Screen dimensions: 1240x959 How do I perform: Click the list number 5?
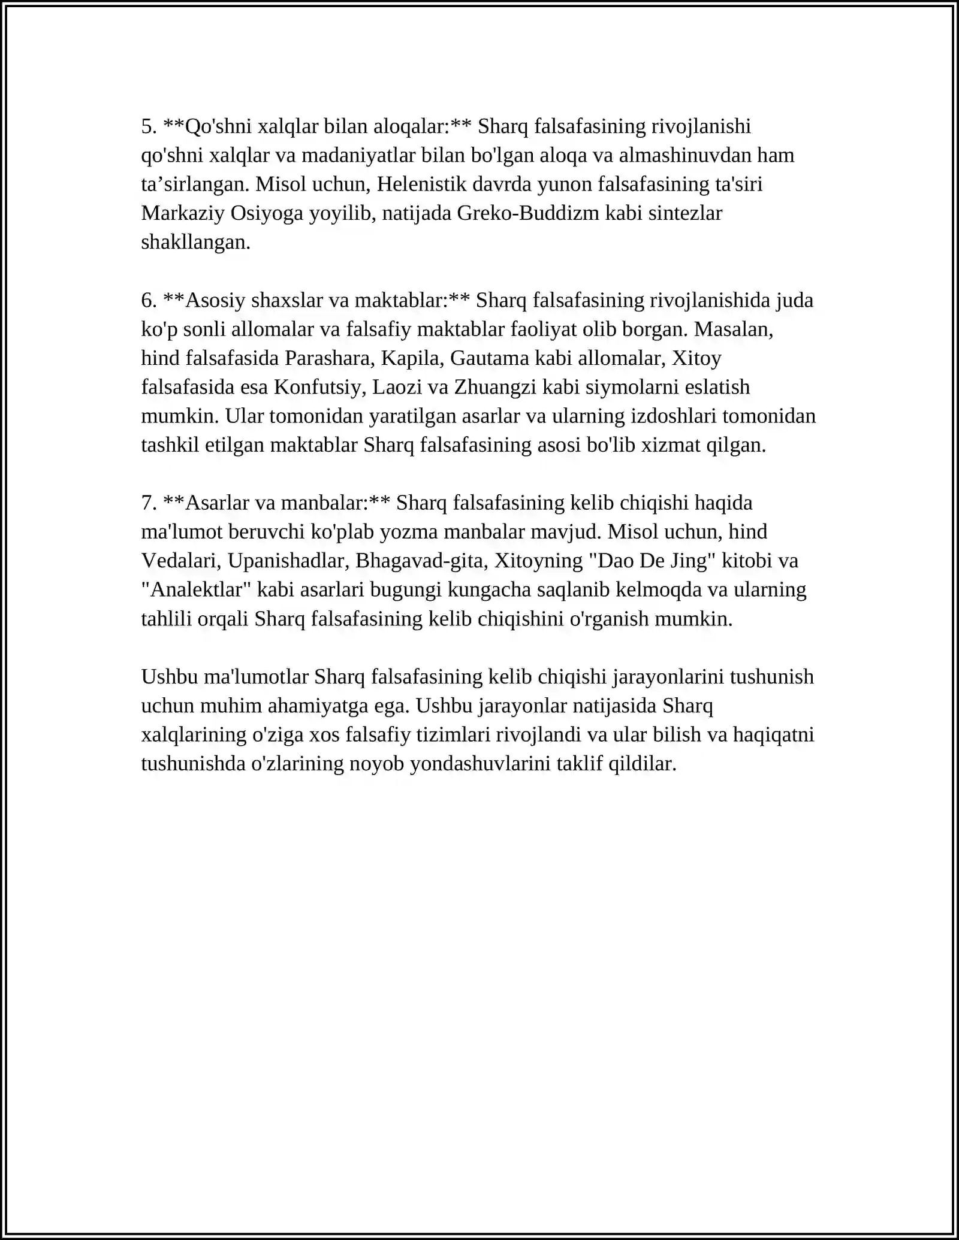pyautogui.click(x=149, y=127)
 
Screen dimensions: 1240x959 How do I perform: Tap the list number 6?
pyautogui.click(x=149, y=300)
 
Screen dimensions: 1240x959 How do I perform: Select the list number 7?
pyautogui.click(x=149, y=503)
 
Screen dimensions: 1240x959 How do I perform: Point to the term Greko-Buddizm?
pyautogui.click(x=528, y=214)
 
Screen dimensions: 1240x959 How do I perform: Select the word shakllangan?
pyautogui.click(x=195, y=243)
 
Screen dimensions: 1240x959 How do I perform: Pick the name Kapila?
pyautogui.click(x=413, y=358)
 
